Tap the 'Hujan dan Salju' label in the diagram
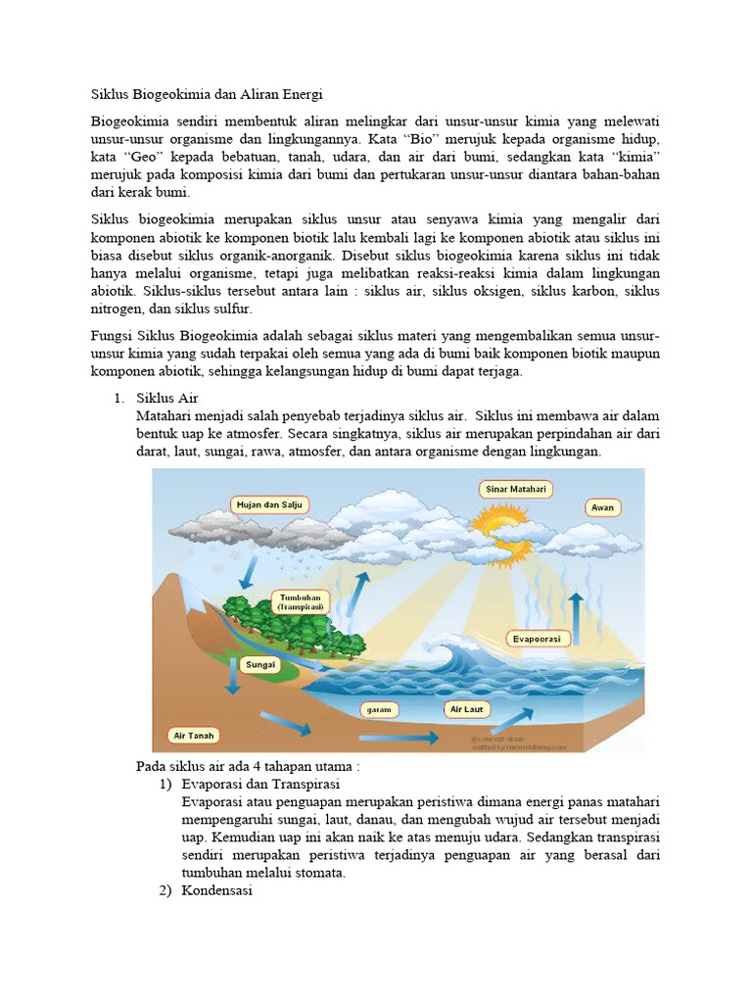tap(270, 504)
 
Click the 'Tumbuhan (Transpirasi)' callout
tap(302, 601)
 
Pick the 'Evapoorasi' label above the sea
tap(539, 639)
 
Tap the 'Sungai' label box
tap(261, 664)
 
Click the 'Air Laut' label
tap(466, 708)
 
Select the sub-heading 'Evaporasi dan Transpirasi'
tap(260, 785)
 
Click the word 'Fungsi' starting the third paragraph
tap(111, 336)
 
